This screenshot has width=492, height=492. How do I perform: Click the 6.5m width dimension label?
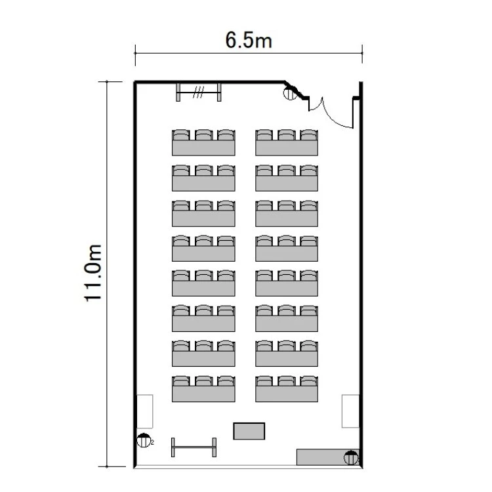point(249,40)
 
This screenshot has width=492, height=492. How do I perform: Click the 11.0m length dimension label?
point(93,273)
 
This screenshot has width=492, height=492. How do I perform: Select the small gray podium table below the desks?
point(249,431)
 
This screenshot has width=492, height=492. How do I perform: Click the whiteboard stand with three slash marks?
point(199,92)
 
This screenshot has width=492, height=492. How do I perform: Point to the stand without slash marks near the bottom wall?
point(194,447)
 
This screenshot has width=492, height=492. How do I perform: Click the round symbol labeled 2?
point(144,440)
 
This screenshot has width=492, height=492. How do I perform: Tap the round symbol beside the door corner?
point(290,94)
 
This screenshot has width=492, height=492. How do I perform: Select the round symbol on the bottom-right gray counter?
point(351,457)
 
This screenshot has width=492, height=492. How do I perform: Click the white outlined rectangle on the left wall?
point(145,411)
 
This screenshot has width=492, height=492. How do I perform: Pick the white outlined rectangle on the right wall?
point(350,411)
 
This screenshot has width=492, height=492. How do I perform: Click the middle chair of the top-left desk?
point(203,134)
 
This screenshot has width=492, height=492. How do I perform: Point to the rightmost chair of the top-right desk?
point(309,134)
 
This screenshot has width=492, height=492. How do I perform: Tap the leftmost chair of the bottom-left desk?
point(181,380)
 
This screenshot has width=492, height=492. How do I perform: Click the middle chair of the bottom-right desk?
point(287,380)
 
